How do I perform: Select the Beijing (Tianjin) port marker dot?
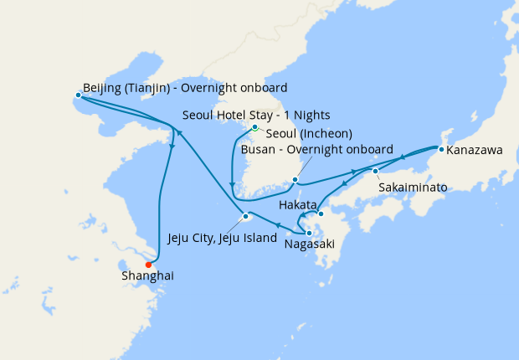tap(78, 95)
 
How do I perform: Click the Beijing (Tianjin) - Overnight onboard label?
tap(185, 87)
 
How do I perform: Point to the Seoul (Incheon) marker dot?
tap(254, 127)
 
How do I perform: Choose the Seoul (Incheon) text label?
tap(308, 133)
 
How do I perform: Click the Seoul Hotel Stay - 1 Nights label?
tap(257, 115)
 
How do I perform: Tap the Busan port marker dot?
tap(295, 179)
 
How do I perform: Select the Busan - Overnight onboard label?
tap(316, 150)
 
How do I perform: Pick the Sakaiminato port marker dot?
tap(376, 171)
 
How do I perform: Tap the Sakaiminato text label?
tap(413, 187)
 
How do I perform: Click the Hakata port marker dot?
tap(320, 213)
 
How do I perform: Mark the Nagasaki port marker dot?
tap(309, 233)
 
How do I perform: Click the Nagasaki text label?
tap(309, 244)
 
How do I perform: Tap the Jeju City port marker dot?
tap(245, 217)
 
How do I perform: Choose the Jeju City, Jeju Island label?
tap(222, 238)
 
